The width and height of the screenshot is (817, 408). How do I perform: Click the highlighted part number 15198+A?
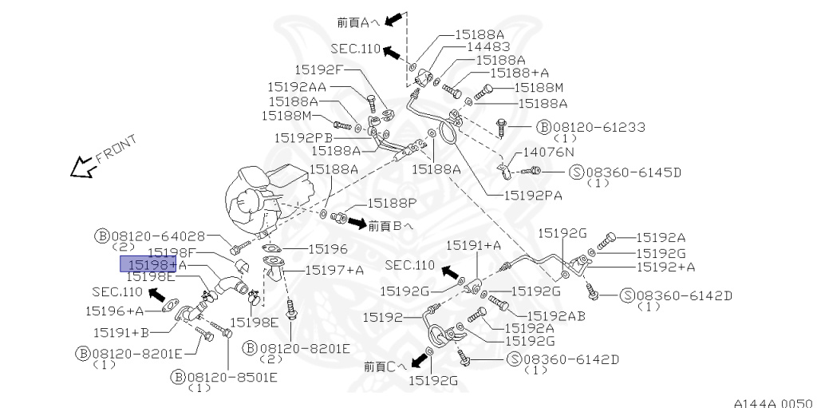click(x=148, y=264)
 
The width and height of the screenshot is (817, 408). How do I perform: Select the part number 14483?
click(x=483, y=47)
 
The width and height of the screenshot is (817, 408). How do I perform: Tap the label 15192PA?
click(x=533, y=194)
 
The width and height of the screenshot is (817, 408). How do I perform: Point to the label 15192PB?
click(x=302, y=137)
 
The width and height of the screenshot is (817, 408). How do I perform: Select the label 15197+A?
click(x=334, y=270)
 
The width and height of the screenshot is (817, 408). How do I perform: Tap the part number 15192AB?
click(x=556, y=315)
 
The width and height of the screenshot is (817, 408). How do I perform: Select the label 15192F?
click(x=318, y=69)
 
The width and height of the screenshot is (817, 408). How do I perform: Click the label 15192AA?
click(x=296, y=86)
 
